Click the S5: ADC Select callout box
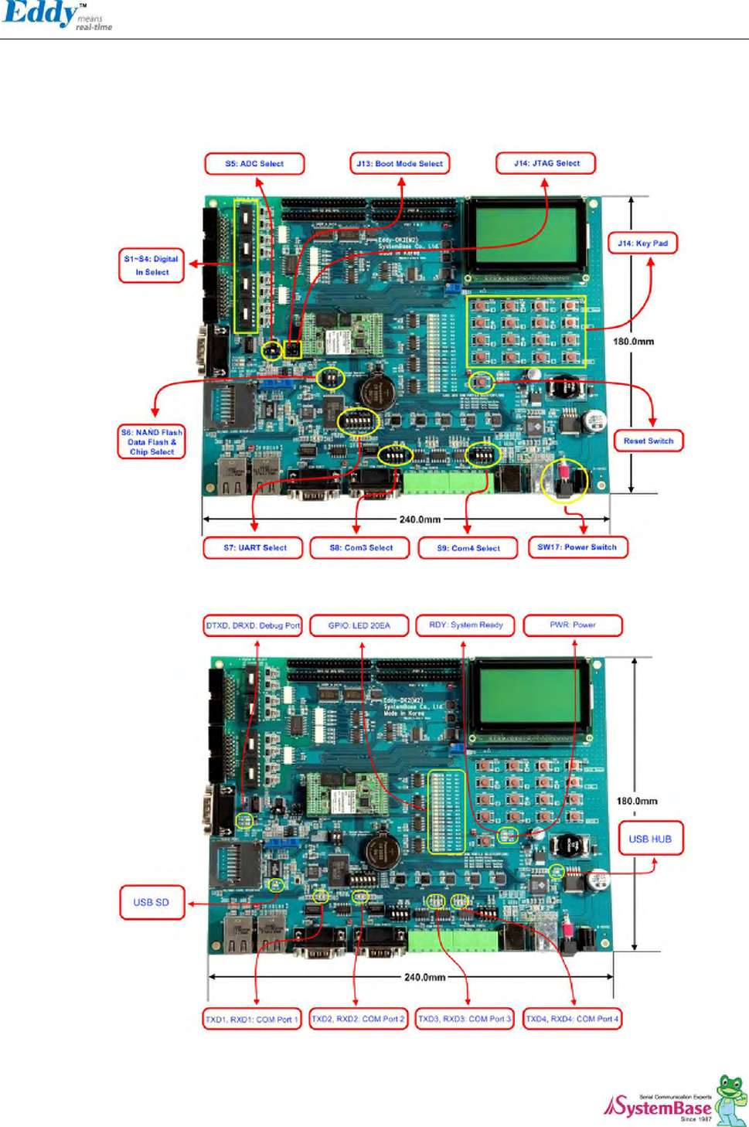pos(254,164)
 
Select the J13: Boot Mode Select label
pos(400,164)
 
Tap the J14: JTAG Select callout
pos(546,163)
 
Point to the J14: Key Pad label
pos(642,243)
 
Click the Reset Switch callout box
pos(649,441)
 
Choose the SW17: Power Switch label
pos(577,547)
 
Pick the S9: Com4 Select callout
pos(468,548)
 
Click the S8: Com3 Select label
pos(360,548)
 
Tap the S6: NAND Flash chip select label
pos(152,442)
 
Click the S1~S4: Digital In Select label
pos(152,265)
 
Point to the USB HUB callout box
pos(650,839)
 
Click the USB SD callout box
pos(152,902)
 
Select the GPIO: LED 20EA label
pos(359,625)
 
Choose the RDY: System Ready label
pos(466,625)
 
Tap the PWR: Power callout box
pos(573,625)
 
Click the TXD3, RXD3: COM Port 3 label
pos(465,1019)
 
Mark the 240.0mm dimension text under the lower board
pos(424,977)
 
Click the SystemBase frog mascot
pos(730,1098)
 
